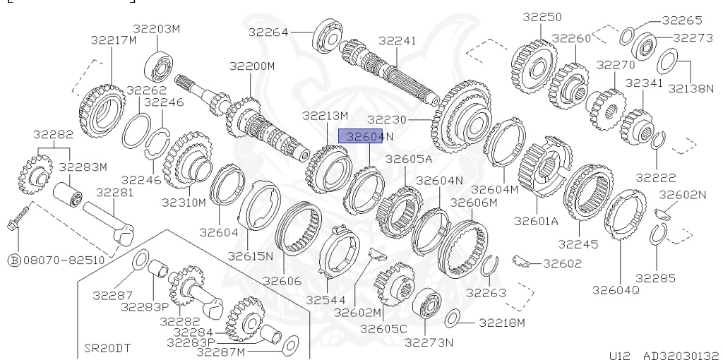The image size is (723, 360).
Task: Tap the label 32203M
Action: point(156,28)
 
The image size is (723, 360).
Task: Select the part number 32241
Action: point(397,40)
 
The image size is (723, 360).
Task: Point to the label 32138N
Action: point(691,88)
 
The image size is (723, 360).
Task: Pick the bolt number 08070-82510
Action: point(64,260)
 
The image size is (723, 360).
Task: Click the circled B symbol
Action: point(14,260)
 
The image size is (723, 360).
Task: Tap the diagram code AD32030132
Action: point(681,355)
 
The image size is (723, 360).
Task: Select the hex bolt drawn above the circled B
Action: point(18,218)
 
